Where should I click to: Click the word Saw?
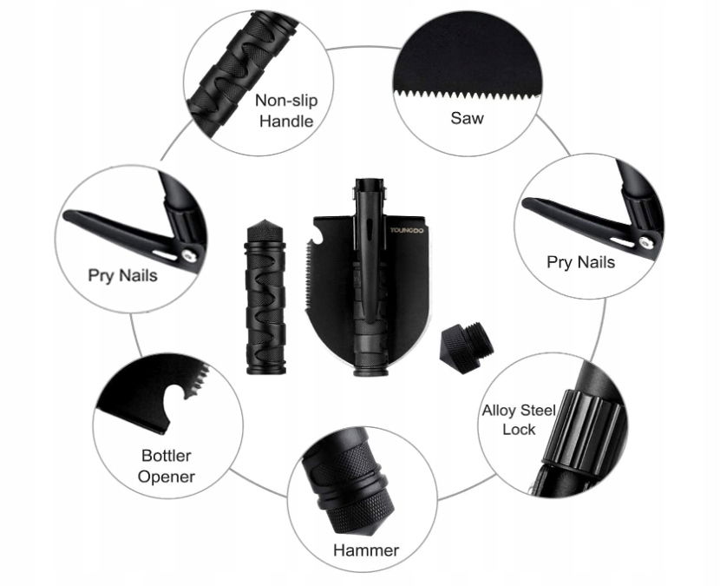[467, 118]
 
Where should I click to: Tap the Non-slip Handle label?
[286, 111]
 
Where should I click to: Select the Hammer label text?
[366, 550]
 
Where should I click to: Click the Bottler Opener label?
[167, 466]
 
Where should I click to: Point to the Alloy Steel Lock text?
[519, 419]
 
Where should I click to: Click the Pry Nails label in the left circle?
[122, 275]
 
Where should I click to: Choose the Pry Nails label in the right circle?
[580, 262]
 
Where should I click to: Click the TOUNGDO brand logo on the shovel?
[408, 230]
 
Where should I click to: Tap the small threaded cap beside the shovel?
[467, 347]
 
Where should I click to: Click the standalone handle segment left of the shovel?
[265, 297]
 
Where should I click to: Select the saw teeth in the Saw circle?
[466, 96]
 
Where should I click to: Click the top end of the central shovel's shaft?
[369, 181]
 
